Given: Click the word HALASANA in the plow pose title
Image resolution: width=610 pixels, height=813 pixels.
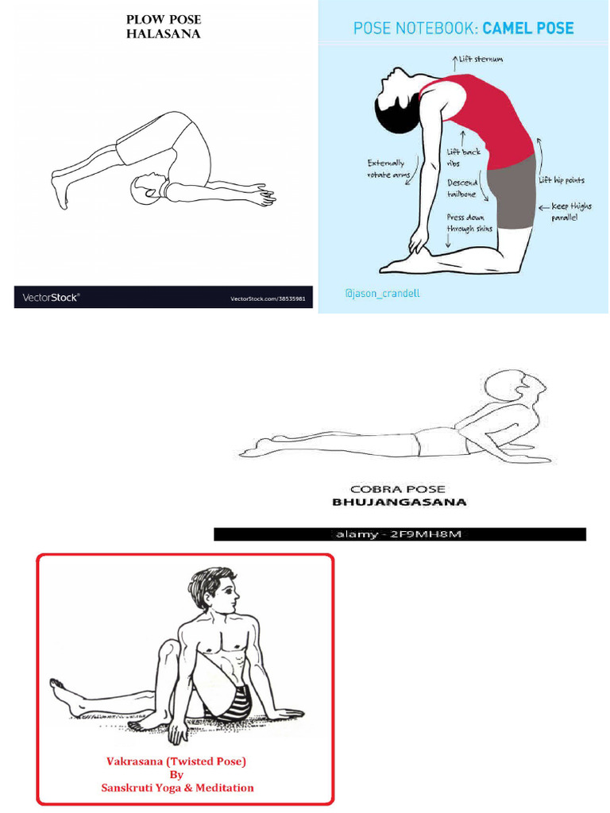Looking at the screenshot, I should pyautogui.click(x=163, y=33).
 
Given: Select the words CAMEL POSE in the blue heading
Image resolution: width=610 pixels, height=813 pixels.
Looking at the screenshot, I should pyautogui.click(x=527, y=29).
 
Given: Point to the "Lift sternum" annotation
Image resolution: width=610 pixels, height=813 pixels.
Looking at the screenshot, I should pyautogui.click(x=480, y=59).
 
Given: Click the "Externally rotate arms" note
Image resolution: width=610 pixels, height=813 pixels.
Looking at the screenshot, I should pyautogui.click(x=385, y=169).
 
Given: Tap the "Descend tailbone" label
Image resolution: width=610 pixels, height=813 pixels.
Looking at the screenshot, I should pyautogui.click(x=461, y=189).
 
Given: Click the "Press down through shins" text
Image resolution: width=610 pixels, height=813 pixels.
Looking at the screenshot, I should pyautogui.click(x=469, y=223).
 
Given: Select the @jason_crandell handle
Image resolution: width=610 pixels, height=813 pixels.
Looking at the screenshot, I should pyautogui.click(x=381, y=294).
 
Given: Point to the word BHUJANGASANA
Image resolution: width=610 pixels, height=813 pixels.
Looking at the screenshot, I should pyautogui.click(x=399, y=502).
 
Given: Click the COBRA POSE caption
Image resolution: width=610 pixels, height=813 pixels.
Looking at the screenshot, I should pyautogui.click(x=398, y=489).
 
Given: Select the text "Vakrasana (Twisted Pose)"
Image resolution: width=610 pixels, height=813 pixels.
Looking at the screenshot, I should pyautogui.click(x=176, y=761).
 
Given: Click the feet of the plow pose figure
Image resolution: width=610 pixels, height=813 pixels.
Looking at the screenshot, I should pyautogui.click(x=59, y=191).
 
